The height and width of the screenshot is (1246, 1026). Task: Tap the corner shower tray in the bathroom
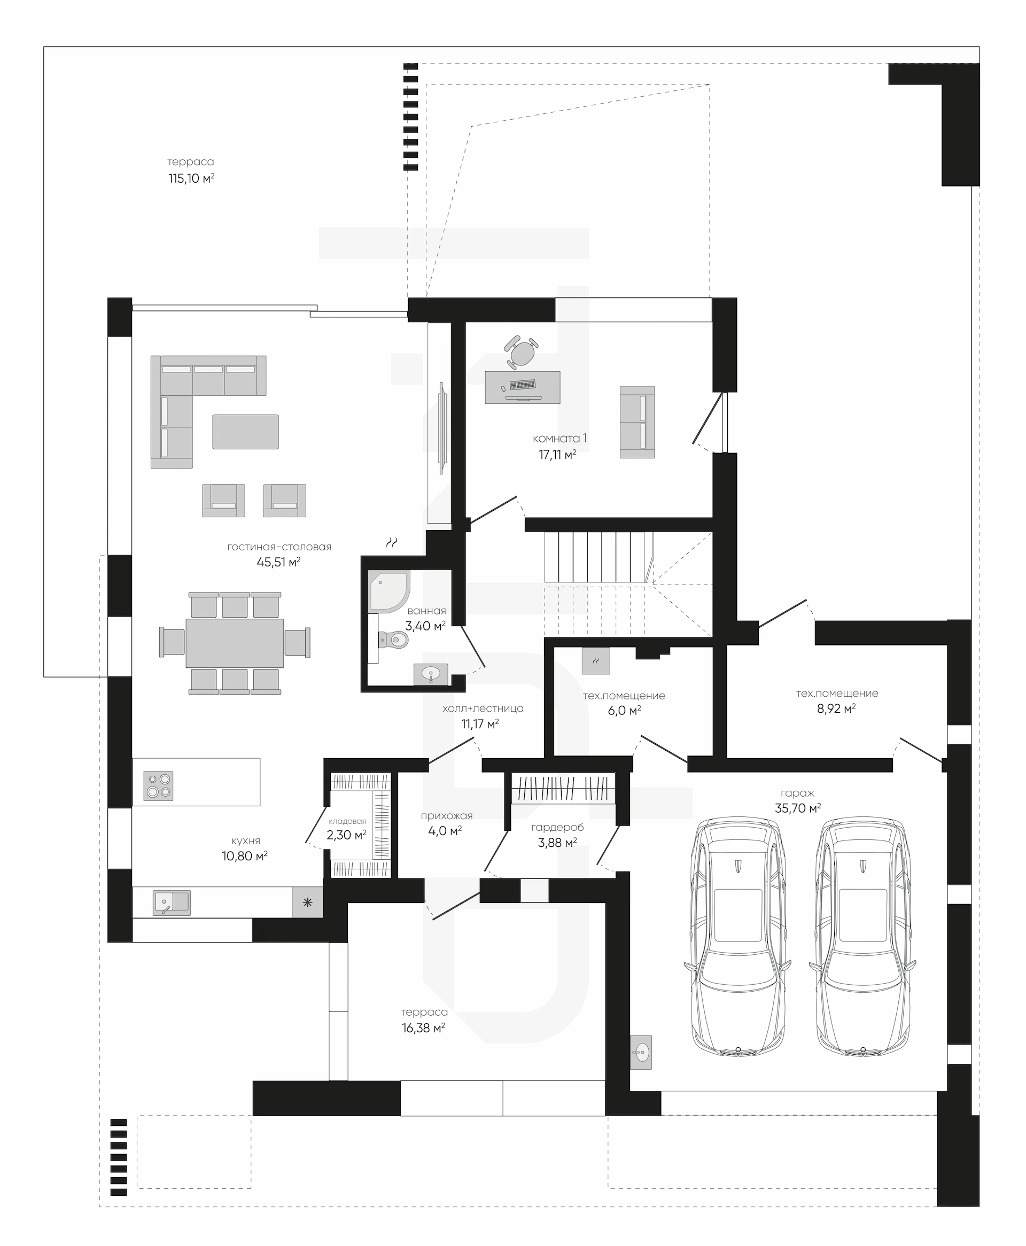click(388, 591)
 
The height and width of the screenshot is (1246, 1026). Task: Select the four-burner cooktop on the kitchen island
click(158, 786)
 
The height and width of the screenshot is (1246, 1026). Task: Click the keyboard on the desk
click(523, 385)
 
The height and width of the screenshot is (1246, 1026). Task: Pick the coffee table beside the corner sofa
click(245, 432)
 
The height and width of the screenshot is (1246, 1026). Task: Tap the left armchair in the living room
click(223, 501)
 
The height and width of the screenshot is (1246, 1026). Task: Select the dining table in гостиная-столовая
click(235, 643)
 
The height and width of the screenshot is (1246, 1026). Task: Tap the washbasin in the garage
click(641, 1052)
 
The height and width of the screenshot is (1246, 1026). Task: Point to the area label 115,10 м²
click(191, 178)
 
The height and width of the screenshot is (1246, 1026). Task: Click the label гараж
click(797, 793)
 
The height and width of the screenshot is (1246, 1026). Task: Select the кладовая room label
click(347, 821)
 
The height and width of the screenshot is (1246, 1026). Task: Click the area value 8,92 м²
click(836, 708)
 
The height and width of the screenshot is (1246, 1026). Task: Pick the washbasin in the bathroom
click(431, 674)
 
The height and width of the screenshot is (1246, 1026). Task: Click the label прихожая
click(446, 816)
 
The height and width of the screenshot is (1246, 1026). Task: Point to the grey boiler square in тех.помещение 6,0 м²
click(596, 661)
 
